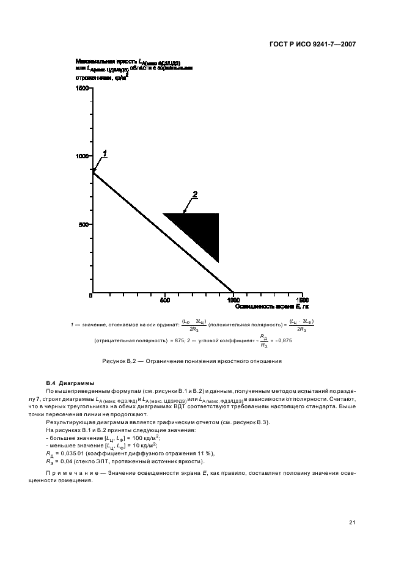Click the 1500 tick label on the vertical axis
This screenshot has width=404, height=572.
tap(83, 88)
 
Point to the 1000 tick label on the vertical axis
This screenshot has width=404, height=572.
tap(83, 156)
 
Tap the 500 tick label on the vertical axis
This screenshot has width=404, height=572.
tap(84, 224)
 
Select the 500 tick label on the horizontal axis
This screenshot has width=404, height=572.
tap(164, 300)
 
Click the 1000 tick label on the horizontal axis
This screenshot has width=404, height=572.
tap(233, 300)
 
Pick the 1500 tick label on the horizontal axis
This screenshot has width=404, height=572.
tap(303, 300)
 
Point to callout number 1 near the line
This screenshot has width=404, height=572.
tap(105, 153)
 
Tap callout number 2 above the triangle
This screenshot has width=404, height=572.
tap(195, 195)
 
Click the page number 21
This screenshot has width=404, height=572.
tap(352, 522)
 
